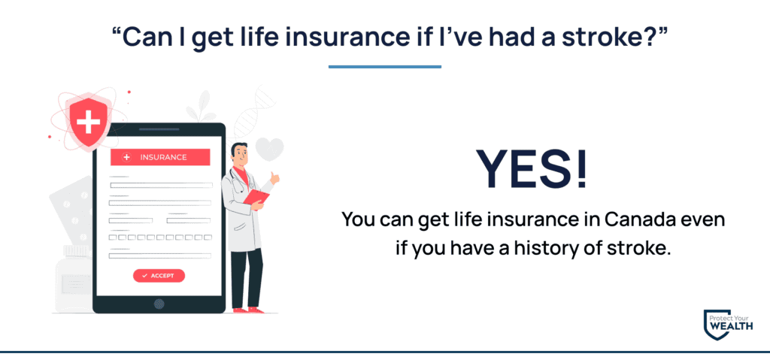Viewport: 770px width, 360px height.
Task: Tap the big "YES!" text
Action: (532, 168)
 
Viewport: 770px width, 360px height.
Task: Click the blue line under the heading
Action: (384, 67)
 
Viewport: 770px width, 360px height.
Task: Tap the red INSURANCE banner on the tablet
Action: (160, 157)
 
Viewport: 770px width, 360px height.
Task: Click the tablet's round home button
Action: (159, 304)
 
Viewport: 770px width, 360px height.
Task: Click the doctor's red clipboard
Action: (256, 197)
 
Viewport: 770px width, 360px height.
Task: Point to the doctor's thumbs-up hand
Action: (274, 178)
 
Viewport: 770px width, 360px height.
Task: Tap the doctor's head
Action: (239, 155)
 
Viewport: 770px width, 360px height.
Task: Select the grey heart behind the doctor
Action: (270, 149)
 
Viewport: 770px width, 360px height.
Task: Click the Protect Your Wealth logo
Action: (727, 325)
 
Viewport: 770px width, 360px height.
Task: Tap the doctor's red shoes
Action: (247, 310)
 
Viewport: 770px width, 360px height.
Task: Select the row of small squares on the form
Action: (160, 237)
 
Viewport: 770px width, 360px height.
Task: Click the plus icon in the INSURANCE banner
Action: (126, 157)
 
